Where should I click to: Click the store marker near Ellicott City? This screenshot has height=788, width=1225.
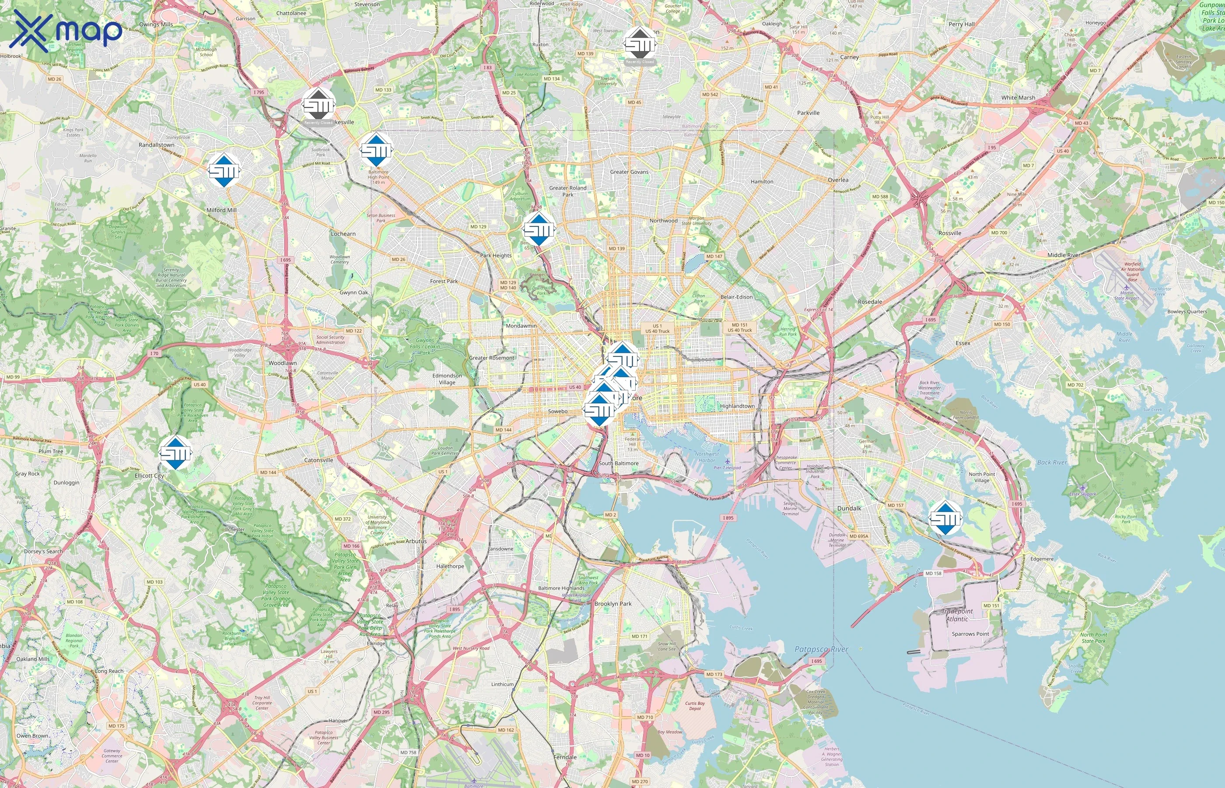point(175,453)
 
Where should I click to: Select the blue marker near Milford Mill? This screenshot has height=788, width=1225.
point(224,170)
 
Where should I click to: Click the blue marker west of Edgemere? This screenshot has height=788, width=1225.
point(945,518)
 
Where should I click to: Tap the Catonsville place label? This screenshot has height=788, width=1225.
point(318,460)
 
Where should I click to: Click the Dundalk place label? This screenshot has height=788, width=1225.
point(849,508)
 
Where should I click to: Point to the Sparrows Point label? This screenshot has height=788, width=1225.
point(970,634)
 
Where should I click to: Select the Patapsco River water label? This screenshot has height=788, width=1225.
point(821,649)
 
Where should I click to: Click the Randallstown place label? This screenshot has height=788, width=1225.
point(157,145)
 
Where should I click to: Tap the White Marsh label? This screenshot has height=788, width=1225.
point(1018,98)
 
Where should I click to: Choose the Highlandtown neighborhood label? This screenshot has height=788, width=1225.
point(737,406)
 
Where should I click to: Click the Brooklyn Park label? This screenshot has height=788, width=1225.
point(612,604)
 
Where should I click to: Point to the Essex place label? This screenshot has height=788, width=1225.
point(963,343)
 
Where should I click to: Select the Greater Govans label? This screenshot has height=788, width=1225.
point(629,172)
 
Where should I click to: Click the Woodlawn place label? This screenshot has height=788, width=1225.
point(282,363)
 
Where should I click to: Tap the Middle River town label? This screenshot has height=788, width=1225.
point(1064,255)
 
